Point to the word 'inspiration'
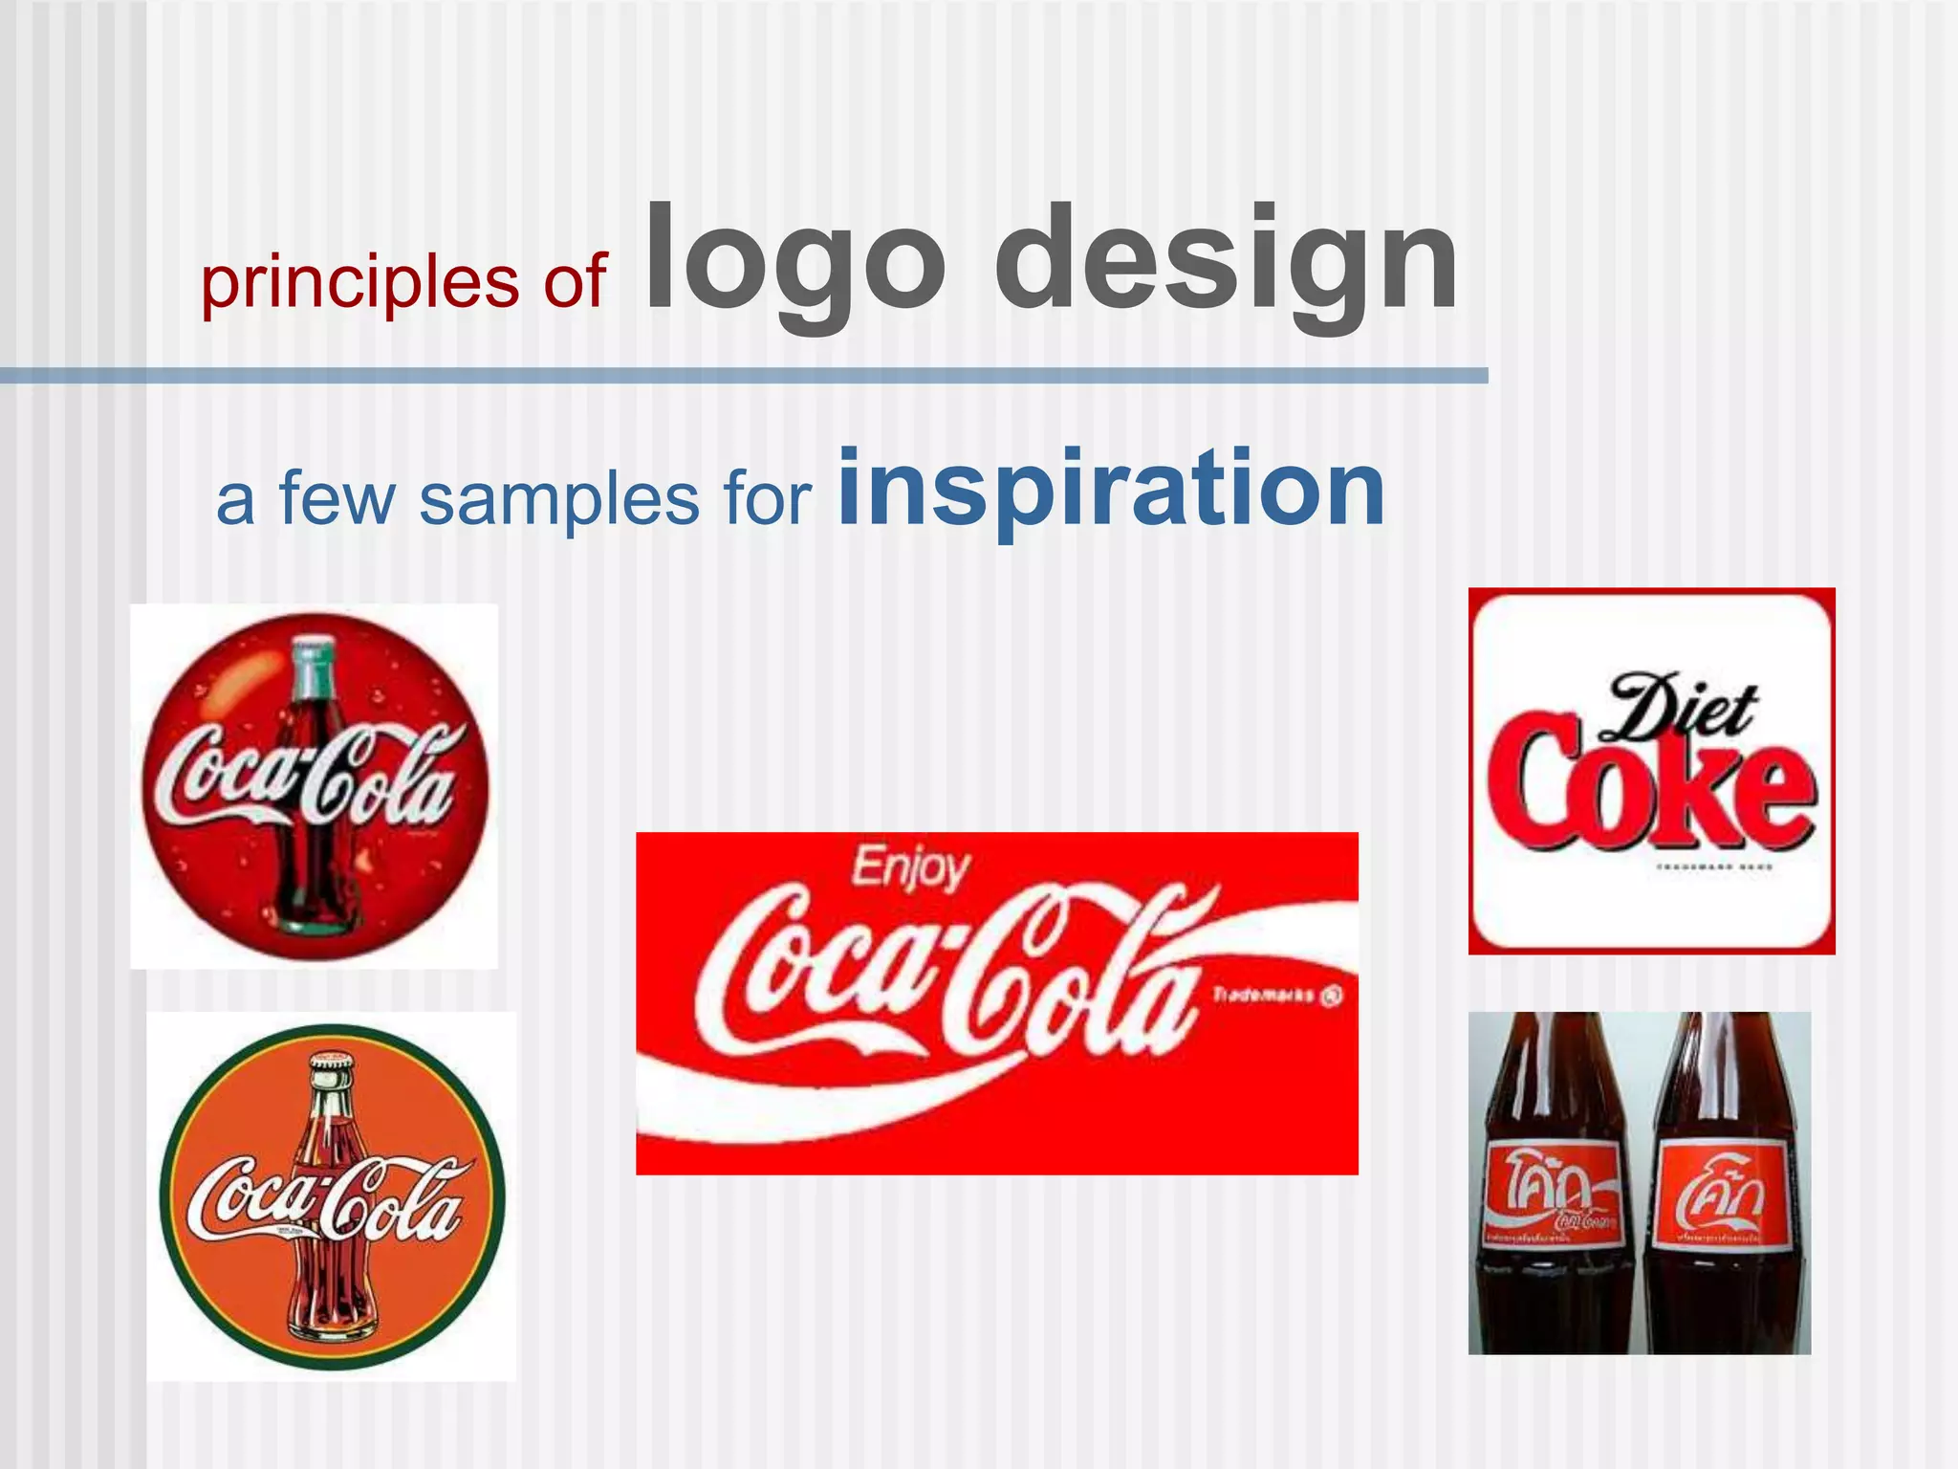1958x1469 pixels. coord(1111,490)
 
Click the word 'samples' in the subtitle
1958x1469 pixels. coord(559,499)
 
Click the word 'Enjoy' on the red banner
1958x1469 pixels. coord(910,868)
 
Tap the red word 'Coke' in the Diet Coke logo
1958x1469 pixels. coord(1650,788)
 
